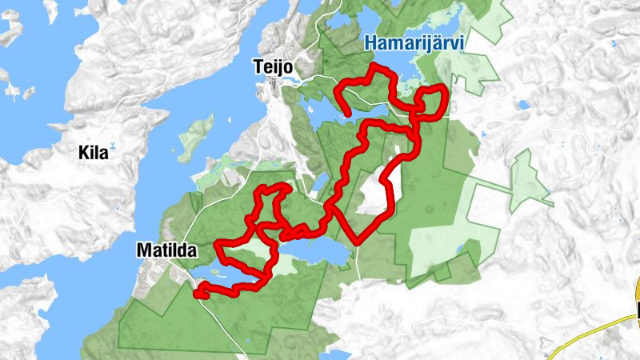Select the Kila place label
coord(94,153)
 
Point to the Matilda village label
coord(166,250)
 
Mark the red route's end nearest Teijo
coord(349,115)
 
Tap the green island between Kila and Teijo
coord(197,136)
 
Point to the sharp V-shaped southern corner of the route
coord(354,238)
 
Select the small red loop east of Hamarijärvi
coord(432,101)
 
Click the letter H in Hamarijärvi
coord(372,44)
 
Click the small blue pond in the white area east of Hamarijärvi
coord(523,104)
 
